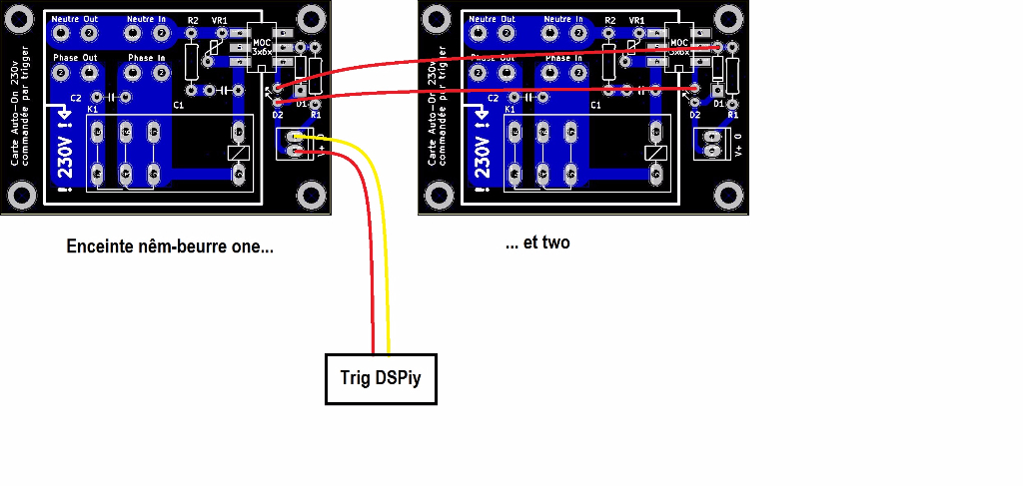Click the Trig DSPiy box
[x=382, y=378]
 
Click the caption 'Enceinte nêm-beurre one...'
[x=169, y=246]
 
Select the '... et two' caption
[x=537, y=243]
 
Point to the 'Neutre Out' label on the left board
[x=75, y=19]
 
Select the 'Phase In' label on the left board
[x=147, y=58]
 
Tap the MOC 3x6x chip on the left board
[x=262, y=46]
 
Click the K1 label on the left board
[x=93, y=109]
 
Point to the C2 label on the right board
[x=493, y=98]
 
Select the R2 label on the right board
[x=609, y=20]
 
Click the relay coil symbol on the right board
[x=655, y=153]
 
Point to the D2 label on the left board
[x=278, y=115]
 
